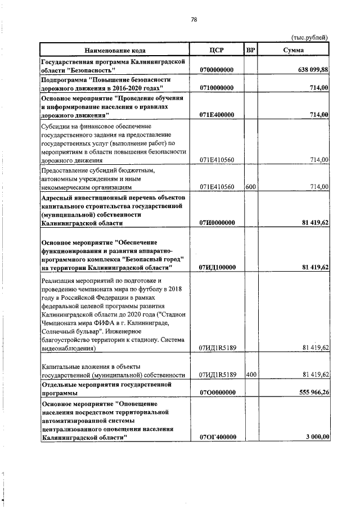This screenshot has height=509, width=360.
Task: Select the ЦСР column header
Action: pos(217,50)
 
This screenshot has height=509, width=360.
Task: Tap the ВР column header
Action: pos(251,50)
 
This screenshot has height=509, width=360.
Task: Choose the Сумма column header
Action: pos(294,50)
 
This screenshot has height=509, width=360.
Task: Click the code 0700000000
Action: pos(217,70)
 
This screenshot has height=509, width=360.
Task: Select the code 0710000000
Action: pos(217,88)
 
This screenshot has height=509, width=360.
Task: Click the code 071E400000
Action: pos(217,115)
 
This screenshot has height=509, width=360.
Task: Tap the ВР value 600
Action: pos(251,186)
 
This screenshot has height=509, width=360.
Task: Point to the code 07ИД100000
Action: pos(217,267)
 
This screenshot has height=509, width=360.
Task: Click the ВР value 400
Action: pos(251,374)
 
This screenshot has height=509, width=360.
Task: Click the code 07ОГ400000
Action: pos(217,436)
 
